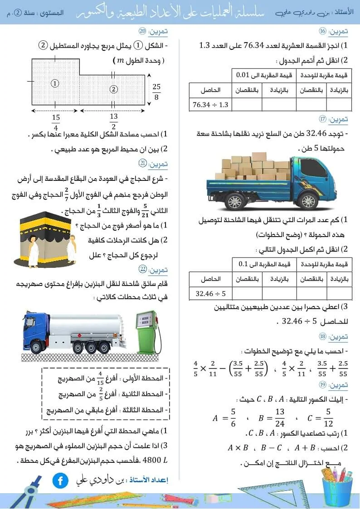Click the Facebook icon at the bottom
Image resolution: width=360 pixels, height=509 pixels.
(x=60, y=480)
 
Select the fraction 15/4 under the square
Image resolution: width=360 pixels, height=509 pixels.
(x=56, y=122)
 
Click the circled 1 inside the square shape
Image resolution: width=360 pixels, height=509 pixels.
(x=55, y=83)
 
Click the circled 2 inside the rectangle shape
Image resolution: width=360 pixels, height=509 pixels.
(x=113, y=89)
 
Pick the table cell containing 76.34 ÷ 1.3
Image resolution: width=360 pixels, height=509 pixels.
(x=210, y=105)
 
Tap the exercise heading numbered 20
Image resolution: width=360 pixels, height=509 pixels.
(x=153, y=31)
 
